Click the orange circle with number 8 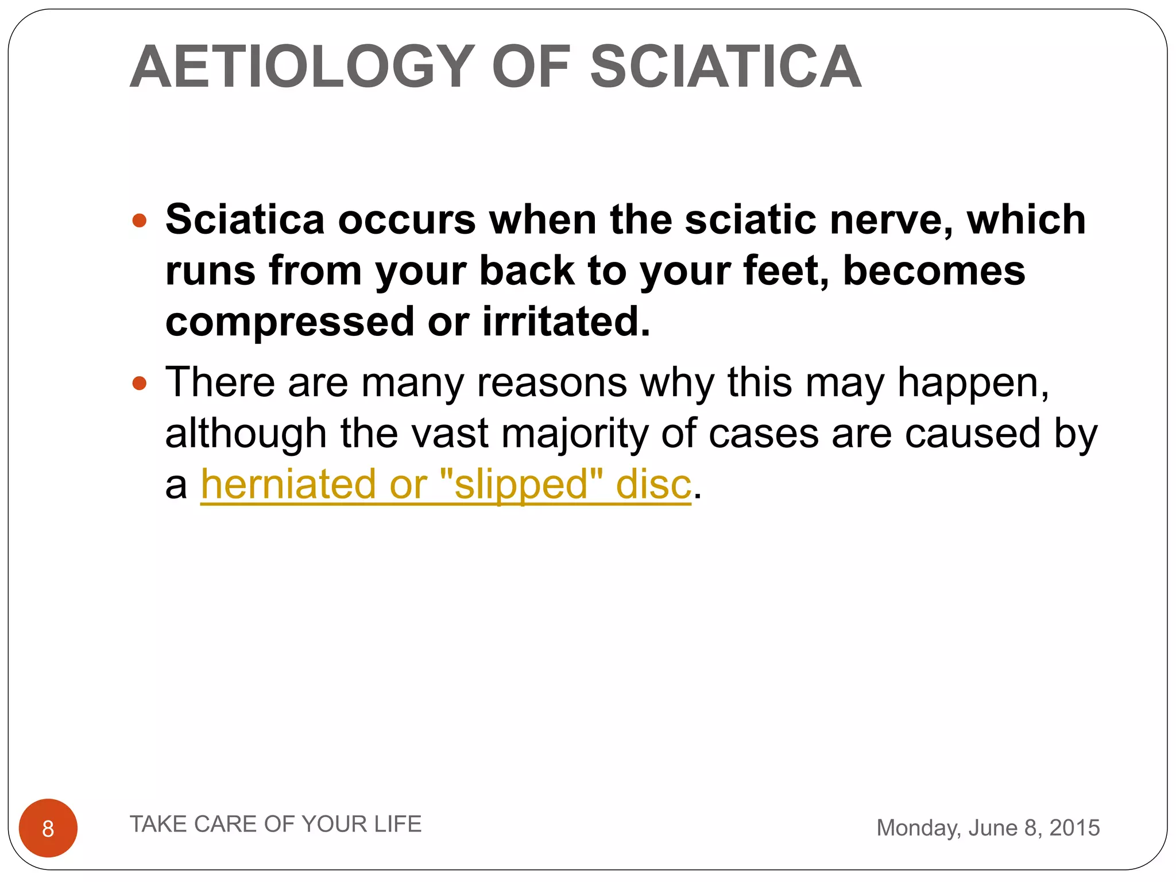tap(48, 828)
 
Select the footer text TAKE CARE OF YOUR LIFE tap(276, 824)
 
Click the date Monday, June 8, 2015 tap(988, 828)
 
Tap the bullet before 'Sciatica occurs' tap(140, 220)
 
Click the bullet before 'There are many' tap(140, 383)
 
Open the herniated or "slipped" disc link tap(446, 484)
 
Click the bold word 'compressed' tap(290, 322)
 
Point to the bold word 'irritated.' tap(566, 322)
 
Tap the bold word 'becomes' tap(934, 271)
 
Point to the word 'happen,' tap(973, 383)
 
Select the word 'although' tap(246, 434)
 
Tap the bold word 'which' tap(1026, 220)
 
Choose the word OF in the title tap(532, 67)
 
